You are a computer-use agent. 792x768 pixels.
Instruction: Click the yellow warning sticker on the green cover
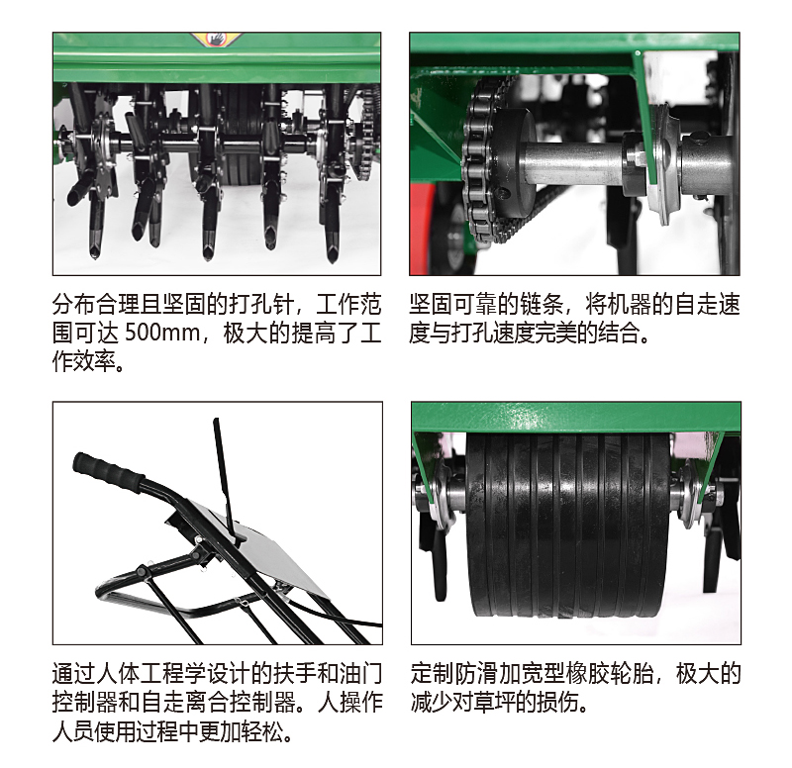click(x=216, y=39)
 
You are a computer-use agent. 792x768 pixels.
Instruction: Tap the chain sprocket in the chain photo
click(x=481, y=159)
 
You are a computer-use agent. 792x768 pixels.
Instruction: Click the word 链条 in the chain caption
click(x=542, y=305)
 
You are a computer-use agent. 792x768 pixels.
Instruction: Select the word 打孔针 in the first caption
click(x=261, y=305)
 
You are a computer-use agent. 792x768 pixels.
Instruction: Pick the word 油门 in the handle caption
click(x=359, y=673)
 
